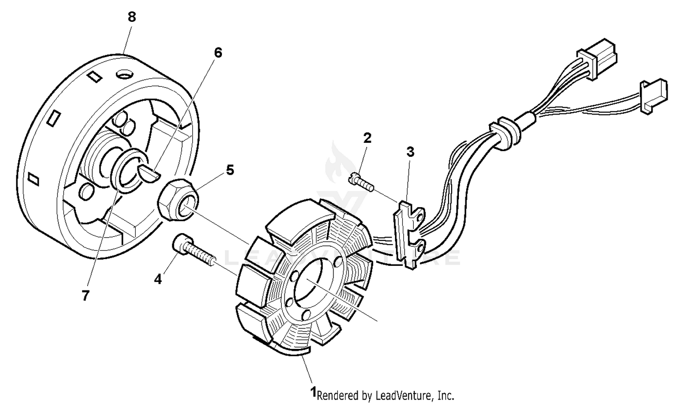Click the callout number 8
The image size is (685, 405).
tap(132, 17)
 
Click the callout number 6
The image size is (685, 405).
tap(218, 53)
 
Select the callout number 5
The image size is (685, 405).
tap(230, 170)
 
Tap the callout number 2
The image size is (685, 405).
tap(367, 138)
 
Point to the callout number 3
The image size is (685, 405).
tap(410, 152)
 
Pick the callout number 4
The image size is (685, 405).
tap(158, 279)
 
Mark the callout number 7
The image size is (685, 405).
tap(85, 296)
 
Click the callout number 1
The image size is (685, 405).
tap(313, 392)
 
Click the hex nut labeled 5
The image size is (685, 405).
tap(179, 200)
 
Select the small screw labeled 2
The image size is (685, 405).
tap(360, 182)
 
